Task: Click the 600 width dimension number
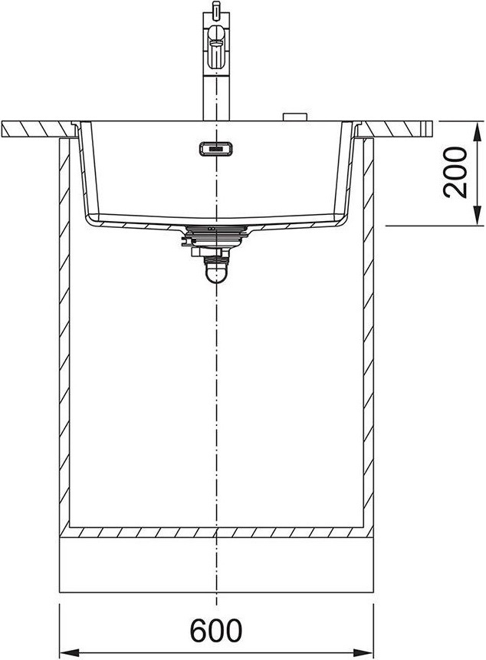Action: point(216,630)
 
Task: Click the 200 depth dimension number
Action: point(455,173)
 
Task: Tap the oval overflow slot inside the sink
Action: point(215,149)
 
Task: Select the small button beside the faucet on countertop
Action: point(294,117)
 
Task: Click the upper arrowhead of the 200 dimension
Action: point(477,131)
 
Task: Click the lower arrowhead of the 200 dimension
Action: point(477,216)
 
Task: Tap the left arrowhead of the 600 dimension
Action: point(69,652)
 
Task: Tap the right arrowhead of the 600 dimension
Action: point(363,652)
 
